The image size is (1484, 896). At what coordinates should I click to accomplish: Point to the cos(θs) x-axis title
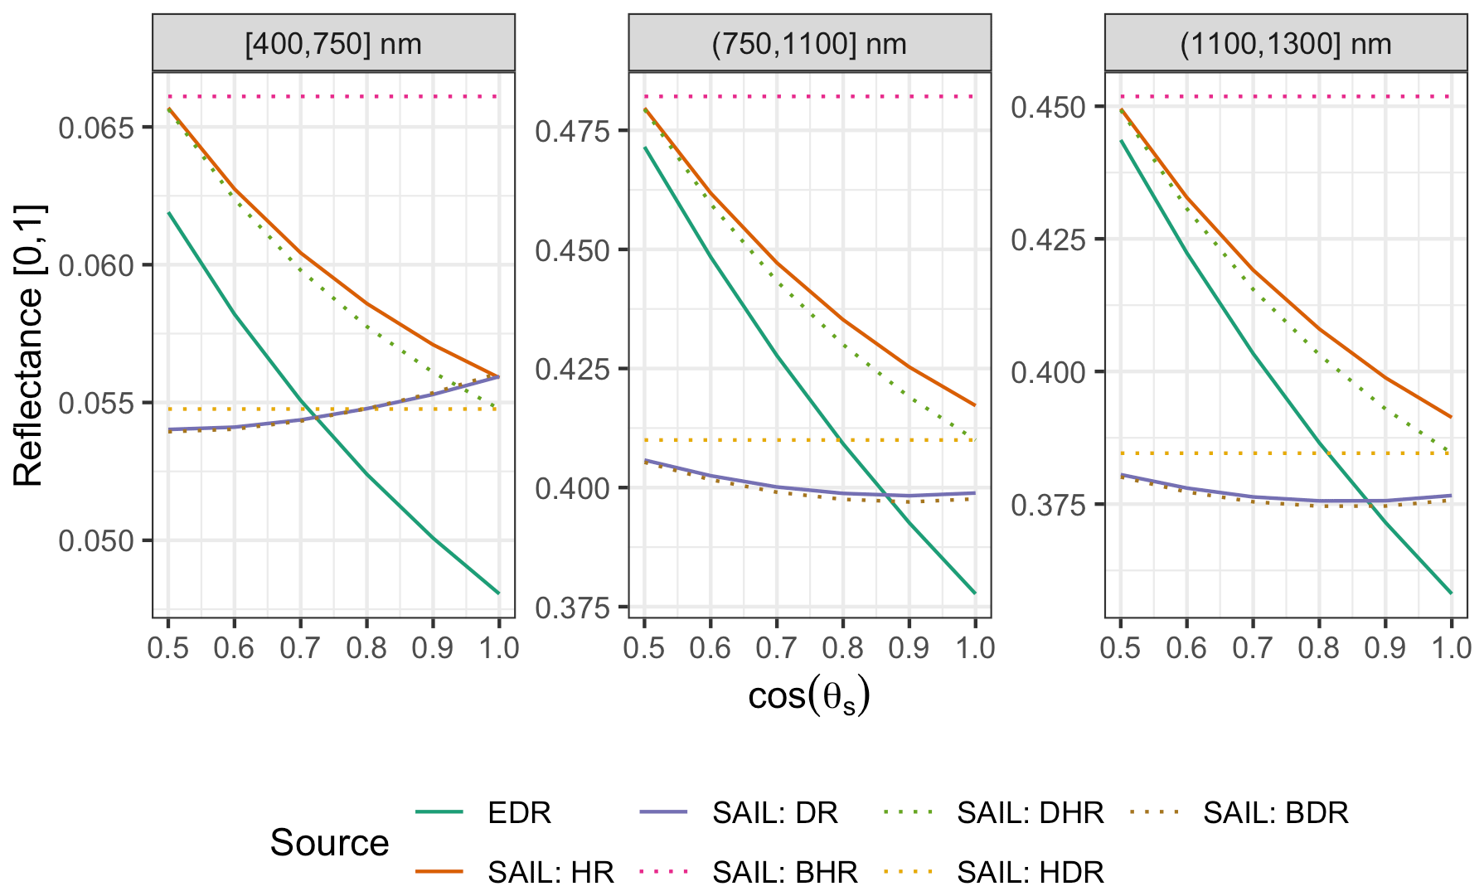coord(808,696)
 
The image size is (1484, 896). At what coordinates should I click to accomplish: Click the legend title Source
coord(329,843)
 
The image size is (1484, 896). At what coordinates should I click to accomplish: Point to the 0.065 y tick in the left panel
coord(96,128)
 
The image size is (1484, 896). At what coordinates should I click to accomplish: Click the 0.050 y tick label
coord(96,541)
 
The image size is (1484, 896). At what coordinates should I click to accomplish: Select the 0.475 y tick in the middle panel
coord(573,131)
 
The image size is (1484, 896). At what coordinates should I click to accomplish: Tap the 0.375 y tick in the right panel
coord(1049,505)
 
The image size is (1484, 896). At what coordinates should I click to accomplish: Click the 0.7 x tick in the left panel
coord(300,648)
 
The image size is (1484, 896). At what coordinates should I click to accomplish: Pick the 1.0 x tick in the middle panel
coord(975,648)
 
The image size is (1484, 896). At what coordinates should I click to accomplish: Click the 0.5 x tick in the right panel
coord(1120,648)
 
